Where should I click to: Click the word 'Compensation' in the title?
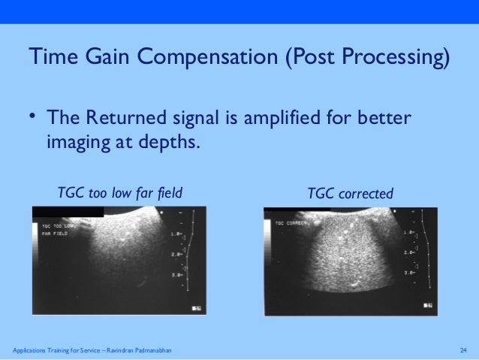point(209,57)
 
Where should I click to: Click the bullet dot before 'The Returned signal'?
point(33,116)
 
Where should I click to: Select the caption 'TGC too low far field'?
point(120,194)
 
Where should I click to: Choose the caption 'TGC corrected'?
point(350,194)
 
